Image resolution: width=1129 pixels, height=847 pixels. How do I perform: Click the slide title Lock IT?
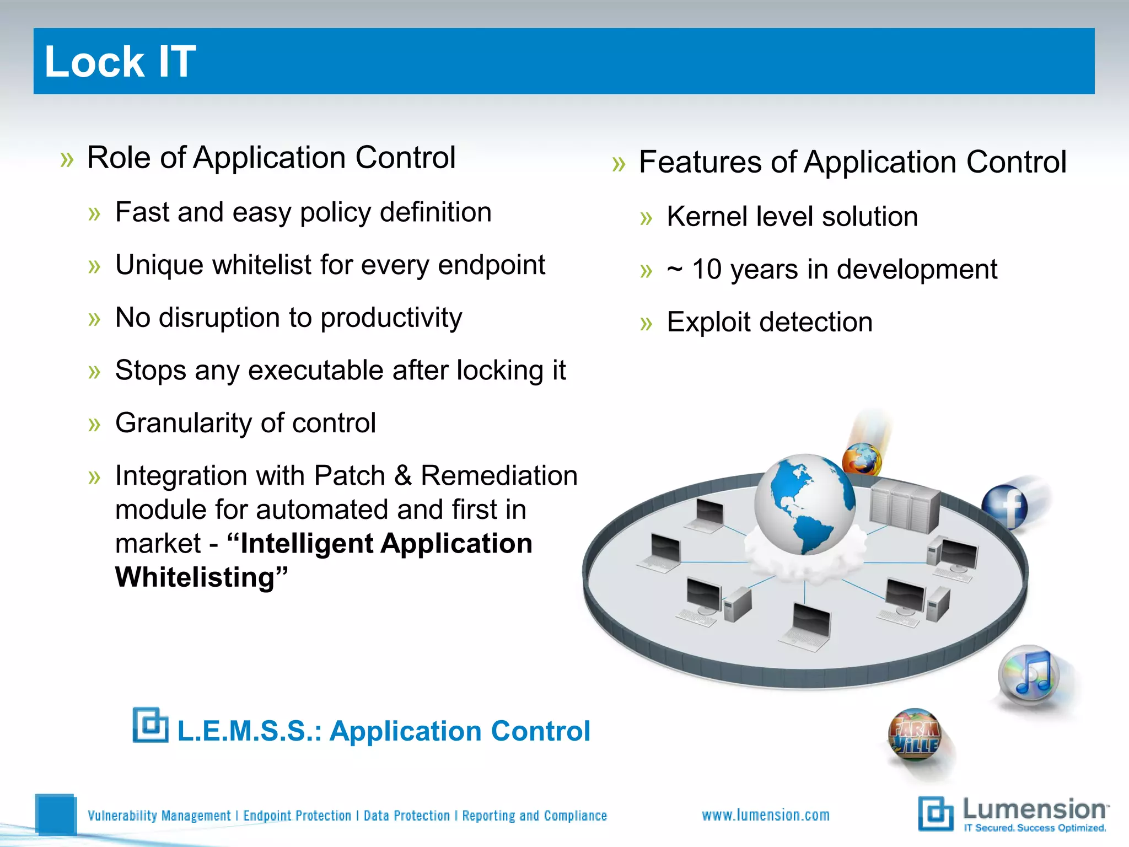120,61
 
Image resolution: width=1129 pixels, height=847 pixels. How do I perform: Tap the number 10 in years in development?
706,270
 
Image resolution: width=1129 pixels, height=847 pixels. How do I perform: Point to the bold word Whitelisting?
195,577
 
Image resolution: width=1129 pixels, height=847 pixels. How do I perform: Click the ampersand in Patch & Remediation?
403,476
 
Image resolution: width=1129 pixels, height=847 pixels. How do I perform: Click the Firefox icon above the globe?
862,459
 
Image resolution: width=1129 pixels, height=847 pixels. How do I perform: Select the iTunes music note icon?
1029,676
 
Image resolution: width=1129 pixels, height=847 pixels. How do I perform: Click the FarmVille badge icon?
915,734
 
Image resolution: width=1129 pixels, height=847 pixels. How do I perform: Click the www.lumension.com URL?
766,815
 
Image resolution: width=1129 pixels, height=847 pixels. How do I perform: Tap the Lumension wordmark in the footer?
1034,810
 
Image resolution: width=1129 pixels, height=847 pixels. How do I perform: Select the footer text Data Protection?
406,816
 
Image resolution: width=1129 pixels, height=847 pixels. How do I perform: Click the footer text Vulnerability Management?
159,816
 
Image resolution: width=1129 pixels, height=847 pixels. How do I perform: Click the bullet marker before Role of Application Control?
67,160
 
